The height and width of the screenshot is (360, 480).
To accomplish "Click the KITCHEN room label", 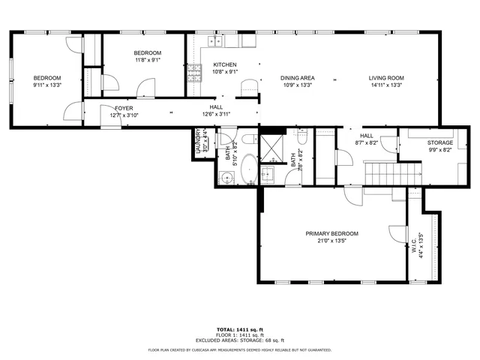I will coord(225,64).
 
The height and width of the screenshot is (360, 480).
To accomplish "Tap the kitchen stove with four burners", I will coord(194,72).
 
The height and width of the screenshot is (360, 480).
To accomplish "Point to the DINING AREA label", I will coord(297,78).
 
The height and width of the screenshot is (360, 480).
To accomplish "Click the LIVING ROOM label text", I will coord(386,78).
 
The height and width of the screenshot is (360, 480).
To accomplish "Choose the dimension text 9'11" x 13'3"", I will coord(46,85).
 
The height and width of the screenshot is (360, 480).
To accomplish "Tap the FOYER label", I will coord(124,108).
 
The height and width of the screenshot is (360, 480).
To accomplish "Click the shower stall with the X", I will coord(270,148).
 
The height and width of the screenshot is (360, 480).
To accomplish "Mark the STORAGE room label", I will coord(440,142).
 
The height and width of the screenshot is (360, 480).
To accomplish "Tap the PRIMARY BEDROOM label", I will coord(331,234).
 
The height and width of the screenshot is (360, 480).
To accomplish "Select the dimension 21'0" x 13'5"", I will coord(331,241).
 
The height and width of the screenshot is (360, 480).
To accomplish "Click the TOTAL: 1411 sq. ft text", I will coord(239,330).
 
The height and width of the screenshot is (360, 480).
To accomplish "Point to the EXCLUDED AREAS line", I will coord(239,340).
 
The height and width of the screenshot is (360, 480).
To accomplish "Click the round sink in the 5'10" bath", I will coord(226,178).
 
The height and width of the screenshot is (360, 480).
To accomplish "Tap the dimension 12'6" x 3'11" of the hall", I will coord(216,115).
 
